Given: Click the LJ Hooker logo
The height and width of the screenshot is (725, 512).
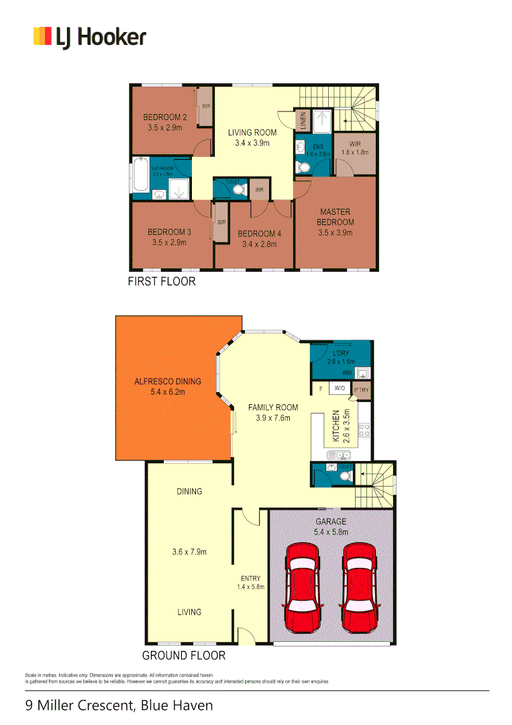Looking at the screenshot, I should pyautogui.click(x=89, y=37).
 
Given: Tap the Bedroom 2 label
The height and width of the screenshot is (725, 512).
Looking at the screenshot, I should pyautogui.click(x=164, y=117).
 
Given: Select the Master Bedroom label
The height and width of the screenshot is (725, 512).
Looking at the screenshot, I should pyautogui.click(x=336, y=217).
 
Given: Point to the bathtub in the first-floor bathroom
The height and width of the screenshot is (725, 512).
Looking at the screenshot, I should pyautogui.click(x=140, y=174).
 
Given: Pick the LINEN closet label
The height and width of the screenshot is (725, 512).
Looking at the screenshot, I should pyautogui.click(x=303, y=121).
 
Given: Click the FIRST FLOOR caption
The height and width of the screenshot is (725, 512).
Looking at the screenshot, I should pyautogui.click(x=162, y=281).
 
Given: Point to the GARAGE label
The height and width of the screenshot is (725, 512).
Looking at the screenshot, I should pyautogui.click(x=331, y=522).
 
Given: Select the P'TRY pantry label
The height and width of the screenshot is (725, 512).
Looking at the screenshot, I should pyautogui.click(x=361, y=390).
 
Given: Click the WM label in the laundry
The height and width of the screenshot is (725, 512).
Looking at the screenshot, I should pyautogui.click(x=347, y=373).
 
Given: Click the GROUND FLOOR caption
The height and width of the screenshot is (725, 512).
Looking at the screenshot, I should pyautogui.click(x=183, y=655).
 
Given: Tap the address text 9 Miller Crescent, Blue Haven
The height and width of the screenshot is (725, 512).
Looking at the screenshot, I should pyautogui.click(x=119, y=706).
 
